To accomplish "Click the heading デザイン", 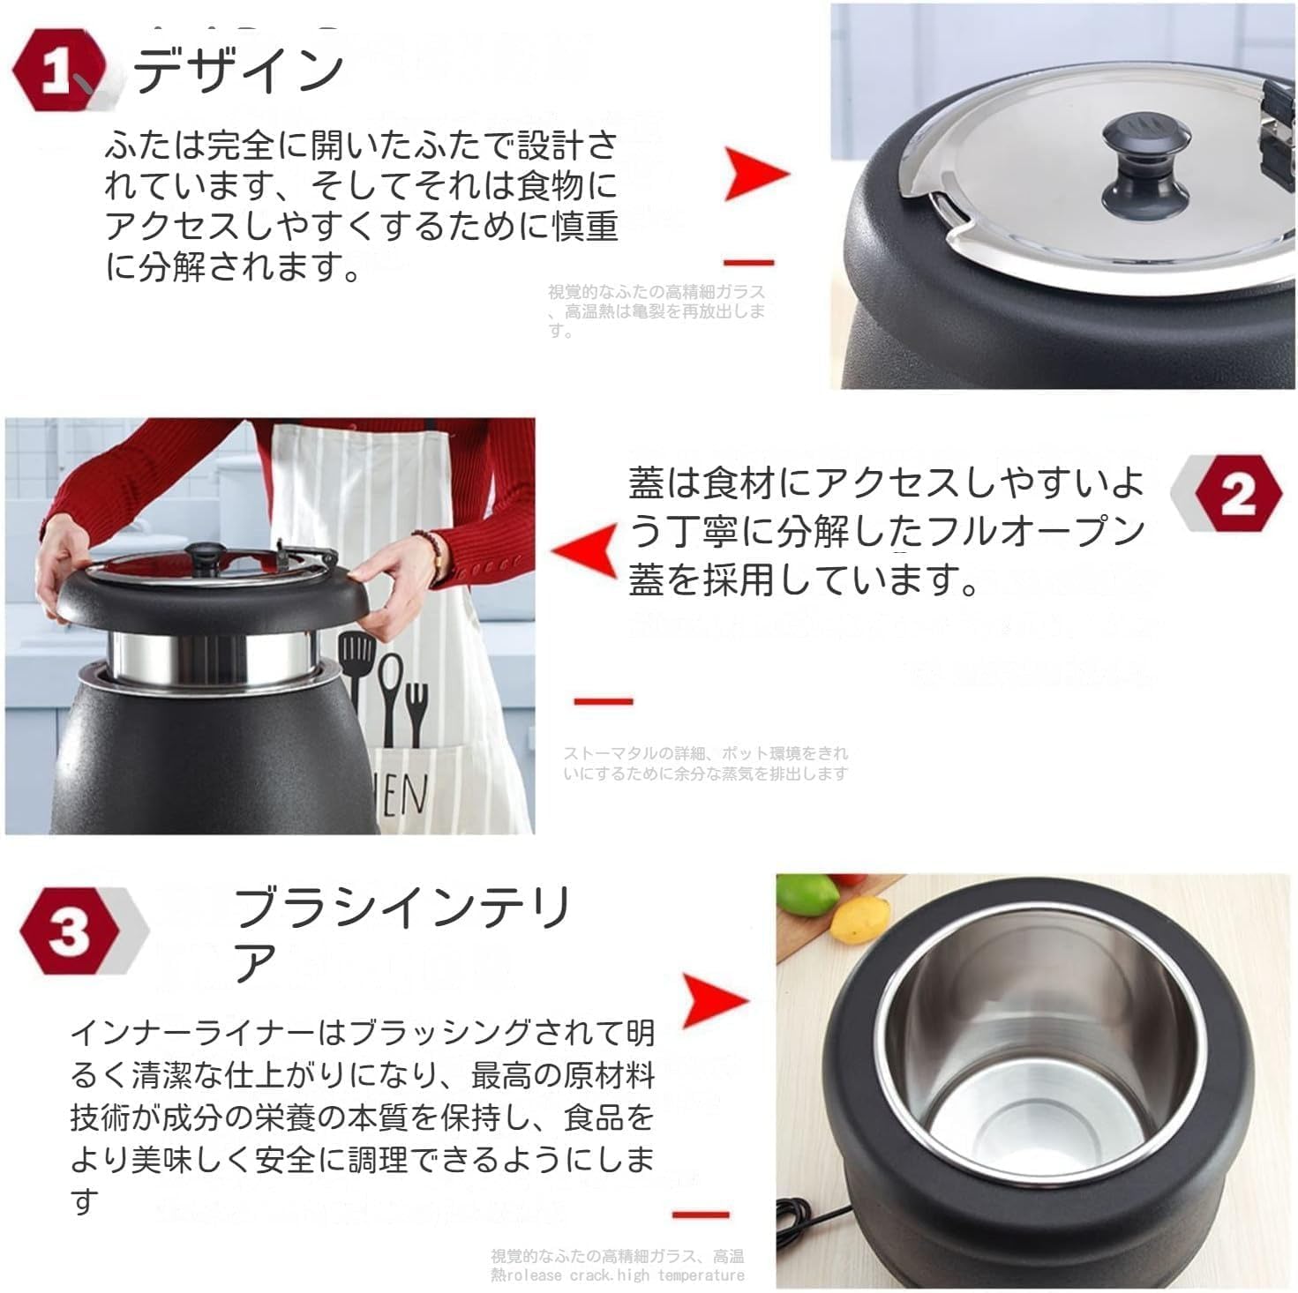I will click(x=238, y=70).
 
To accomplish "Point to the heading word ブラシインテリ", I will click(x=402, y=908).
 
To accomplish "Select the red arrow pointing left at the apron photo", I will click(x=584, y=550).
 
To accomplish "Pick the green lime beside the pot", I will click(x=809, y=896).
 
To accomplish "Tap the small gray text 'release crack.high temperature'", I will click(x=627, y=1275).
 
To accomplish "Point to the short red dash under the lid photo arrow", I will click(x=748, y=262).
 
